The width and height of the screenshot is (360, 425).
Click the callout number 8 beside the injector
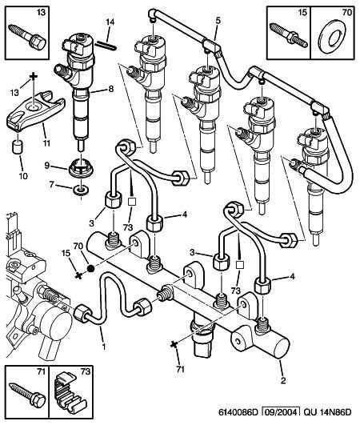pos(111,89)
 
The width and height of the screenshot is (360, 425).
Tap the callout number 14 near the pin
pos(110,22)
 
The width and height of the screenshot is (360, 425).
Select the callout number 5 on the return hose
pos(218,21)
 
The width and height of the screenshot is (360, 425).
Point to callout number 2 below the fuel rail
pos(283,380)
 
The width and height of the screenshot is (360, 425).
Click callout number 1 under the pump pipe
pos(103,346)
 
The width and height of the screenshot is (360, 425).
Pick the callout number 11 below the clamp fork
pos(46,142)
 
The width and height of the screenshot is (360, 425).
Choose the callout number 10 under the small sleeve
pos(23,176)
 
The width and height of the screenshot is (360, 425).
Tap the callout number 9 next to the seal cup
pos(47,165)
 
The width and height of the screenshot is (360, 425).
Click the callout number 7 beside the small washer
pos(52,185)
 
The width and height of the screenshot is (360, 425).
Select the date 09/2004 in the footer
pos(282,412)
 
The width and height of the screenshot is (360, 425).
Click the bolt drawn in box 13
pos(27,37)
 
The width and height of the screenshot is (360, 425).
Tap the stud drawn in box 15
pos(289,35)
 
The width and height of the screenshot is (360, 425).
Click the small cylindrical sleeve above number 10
pos(18,146)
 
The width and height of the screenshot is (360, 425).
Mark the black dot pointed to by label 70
pos(90,268)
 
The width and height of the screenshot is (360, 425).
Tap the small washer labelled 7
pos(81,190)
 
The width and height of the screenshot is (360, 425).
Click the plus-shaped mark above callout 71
pos(174,344)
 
